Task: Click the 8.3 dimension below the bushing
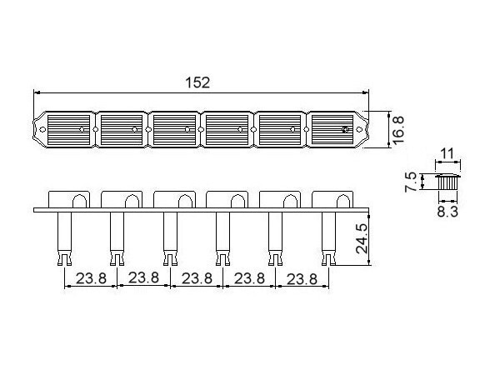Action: (x=447, y=212)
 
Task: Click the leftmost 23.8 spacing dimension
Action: (x=90, y=279)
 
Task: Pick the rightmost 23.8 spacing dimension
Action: (x=301, y=279)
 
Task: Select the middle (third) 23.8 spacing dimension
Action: (x=196, y=279)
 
